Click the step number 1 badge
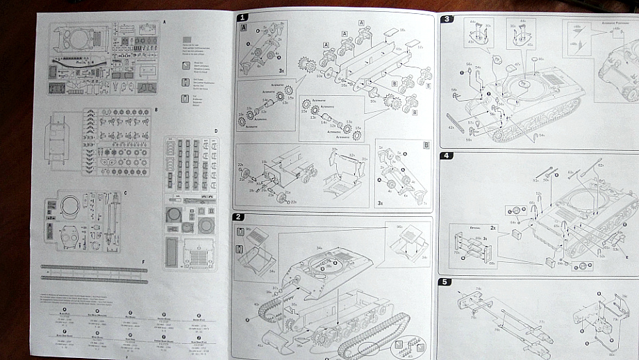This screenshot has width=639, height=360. [x=242, y=17]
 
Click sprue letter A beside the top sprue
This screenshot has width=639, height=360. [x=165, y=22]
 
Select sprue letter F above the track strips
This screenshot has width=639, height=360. [x=143, y=259]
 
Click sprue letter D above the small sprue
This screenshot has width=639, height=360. [x=216, y=131]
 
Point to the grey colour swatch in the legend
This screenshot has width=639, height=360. [x=186, y=40]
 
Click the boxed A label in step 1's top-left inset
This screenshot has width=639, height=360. [x=244, y=28]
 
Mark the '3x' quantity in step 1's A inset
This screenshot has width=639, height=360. [x=280, y=70]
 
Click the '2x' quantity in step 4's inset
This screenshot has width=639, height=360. [x=492, y=227]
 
